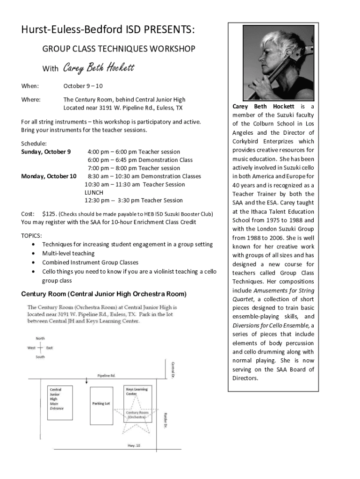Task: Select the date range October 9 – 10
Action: [x=83, y=86]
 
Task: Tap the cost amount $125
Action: [x=50, y=214]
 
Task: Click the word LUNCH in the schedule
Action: [x=94, y=192]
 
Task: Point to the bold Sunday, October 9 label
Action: [x=46, y=152]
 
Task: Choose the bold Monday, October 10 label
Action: [x=49, y=176]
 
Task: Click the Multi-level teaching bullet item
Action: [x=68, y=254]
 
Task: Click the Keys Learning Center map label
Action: [x=137, y=392]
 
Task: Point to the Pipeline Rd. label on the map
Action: [x=107, y=375]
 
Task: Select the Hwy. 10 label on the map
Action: [x=134, y=445]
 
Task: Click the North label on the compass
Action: [x=40, y=338]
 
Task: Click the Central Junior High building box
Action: [x=61, y=402]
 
